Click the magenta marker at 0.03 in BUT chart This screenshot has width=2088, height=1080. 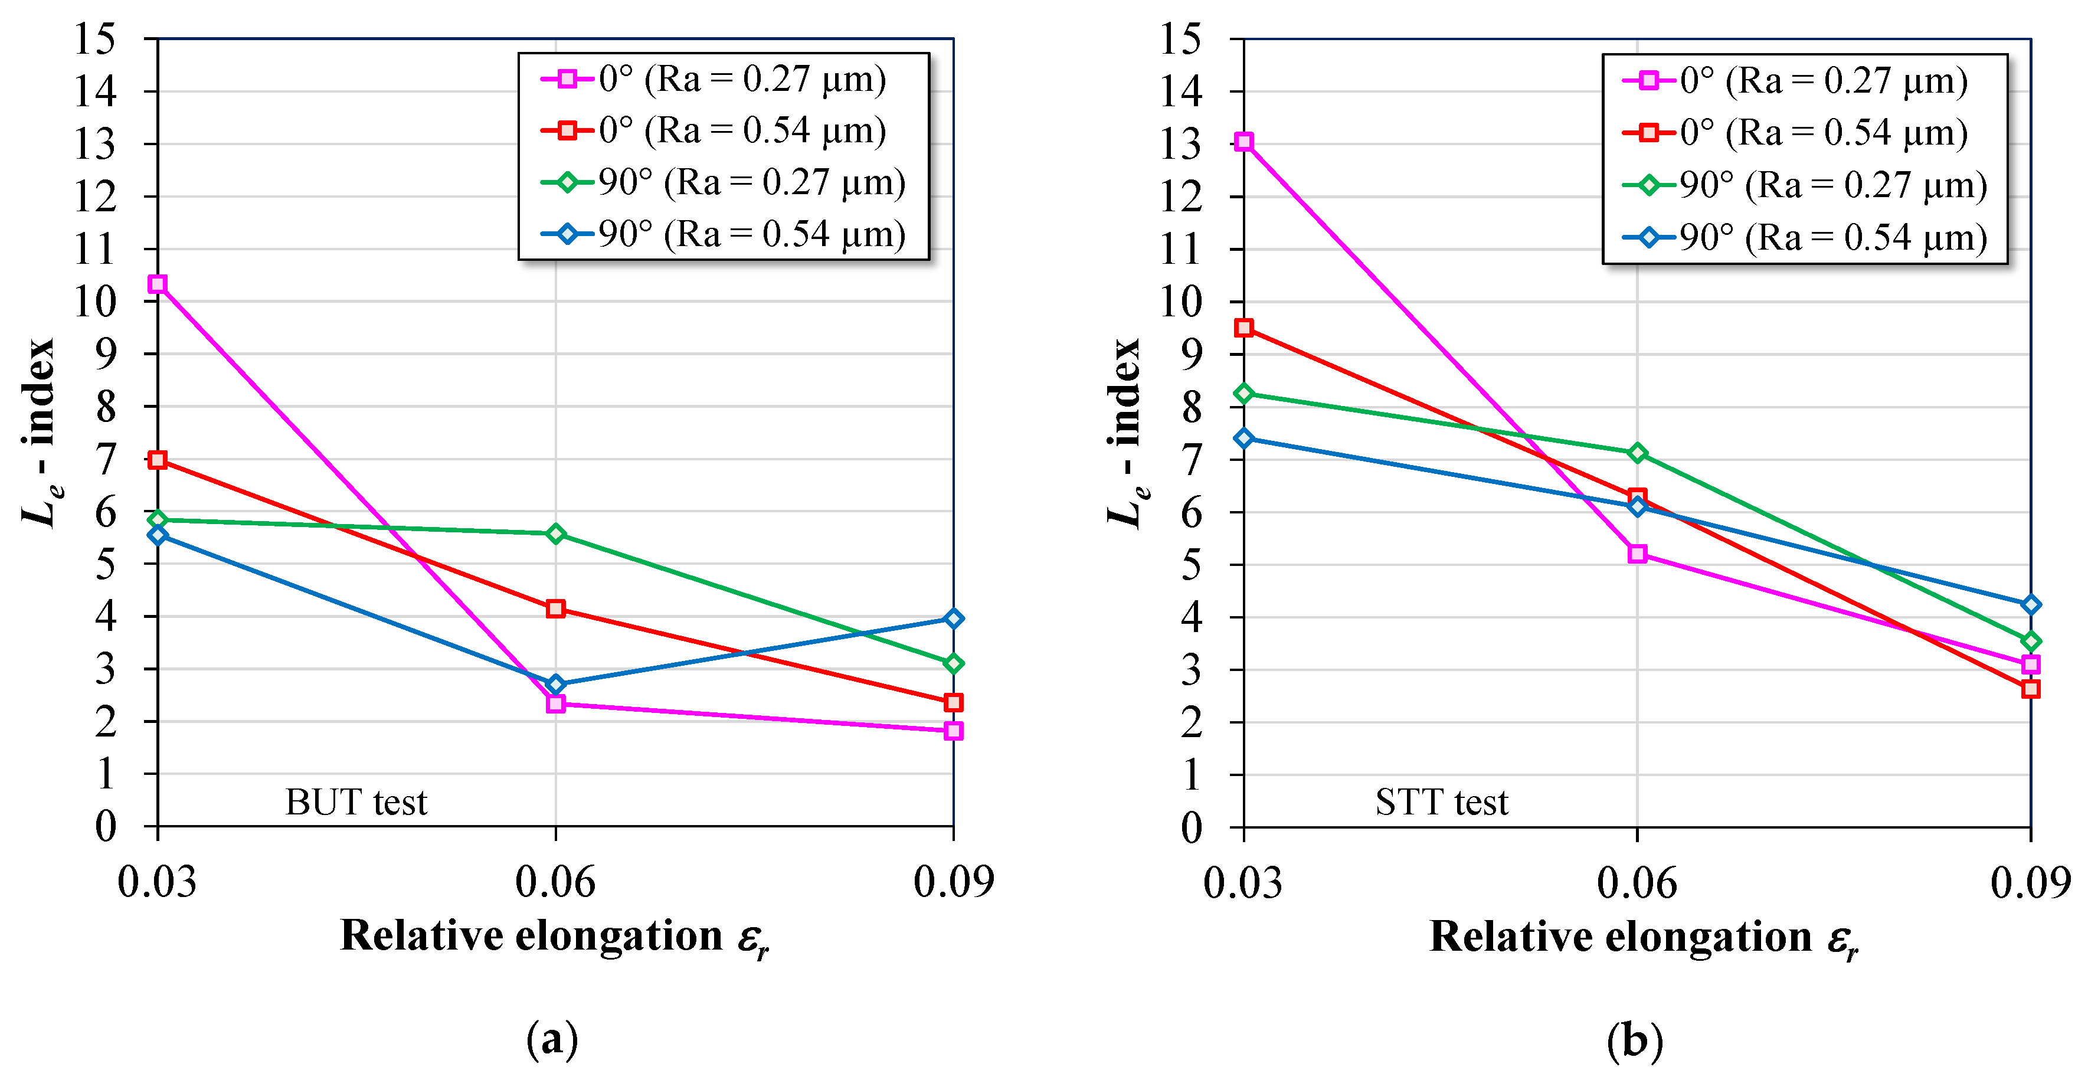pyautogui.click(x=157, y=284)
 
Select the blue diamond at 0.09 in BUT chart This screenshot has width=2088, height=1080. pyautogui.click(x=953, y=618)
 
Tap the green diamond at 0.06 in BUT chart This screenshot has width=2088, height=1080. pyautogui.click(x=555, y=534)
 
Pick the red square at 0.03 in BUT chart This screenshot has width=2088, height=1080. pyautogui.click(x=157, y=460)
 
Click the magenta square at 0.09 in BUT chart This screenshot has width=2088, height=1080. pyautogui.click(x=953, y=731)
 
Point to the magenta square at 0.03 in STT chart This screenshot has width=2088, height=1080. pyautogui.click(x=1243, y=142)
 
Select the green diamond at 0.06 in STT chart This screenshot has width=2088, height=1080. pyautogui.click(x=1637, y=453)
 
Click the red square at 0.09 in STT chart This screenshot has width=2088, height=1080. pyautogui.click(x=2030, y=688)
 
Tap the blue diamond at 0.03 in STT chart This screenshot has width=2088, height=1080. pyautogui.click(x=1243, y=438)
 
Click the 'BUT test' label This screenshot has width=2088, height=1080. pyautogui.click(x=356, y=802)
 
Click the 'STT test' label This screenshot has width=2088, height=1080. pyautogui.click(x=1441, y=802)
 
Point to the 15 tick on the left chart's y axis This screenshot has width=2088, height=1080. pyautogui.click(x=95, y=39)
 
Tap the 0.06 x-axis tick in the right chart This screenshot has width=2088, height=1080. pyautogui.click(x=1637, y=882)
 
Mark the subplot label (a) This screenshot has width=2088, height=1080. pyautogui.click(x=552, y=1039)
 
